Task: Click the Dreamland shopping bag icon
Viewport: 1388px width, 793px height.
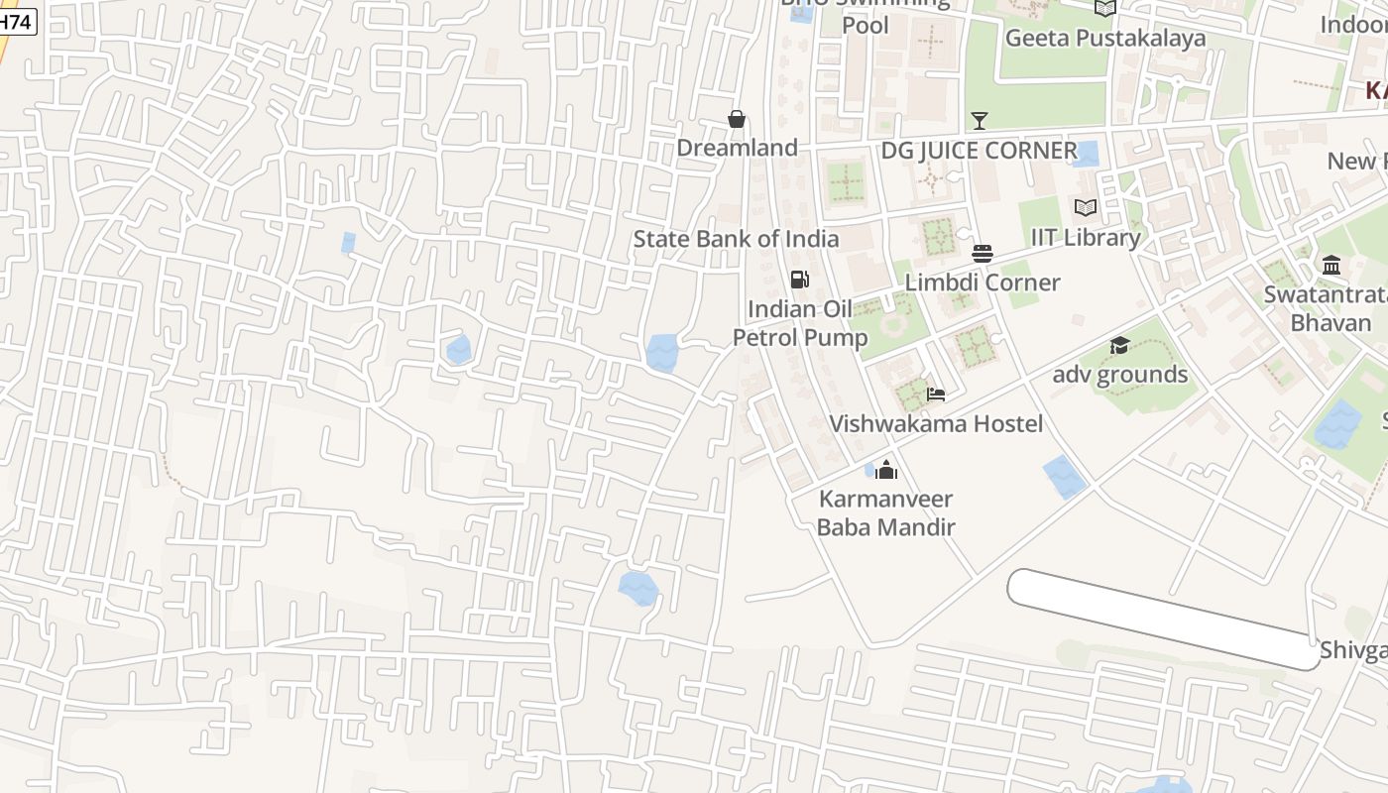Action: [737, 119]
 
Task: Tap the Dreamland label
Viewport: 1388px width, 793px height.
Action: [737, 148]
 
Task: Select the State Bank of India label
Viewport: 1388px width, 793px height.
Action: [736, 239]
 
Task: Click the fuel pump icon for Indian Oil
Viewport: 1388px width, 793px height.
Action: [799, 280]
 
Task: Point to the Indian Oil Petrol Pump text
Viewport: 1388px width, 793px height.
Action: [800, 323]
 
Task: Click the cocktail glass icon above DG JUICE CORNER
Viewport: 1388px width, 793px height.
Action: [980, 121]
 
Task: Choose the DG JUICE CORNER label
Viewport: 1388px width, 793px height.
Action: [979, 151]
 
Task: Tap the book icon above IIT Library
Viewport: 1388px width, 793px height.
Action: [1086, 207]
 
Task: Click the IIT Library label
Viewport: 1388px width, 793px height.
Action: [1086, 238]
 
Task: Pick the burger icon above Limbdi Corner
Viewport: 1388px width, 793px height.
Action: [983, 254]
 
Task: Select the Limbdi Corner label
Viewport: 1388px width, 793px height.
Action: [983, 283]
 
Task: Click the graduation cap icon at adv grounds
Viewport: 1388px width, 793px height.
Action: [1119, 345]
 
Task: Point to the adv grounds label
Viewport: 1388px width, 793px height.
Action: [1119, 375]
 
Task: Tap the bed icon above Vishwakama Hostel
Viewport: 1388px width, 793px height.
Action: [935, 395]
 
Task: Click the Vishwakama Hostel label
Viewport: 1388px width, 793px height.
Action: [935, 424]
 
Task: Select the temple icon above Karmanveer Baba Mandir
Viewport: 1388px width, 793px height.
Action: [885, 470]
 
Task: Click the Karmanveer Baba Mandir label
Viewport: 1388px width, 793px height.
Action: [885, 512]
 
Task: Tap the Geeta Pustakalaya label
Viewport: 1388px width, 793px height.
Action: [1105, 38]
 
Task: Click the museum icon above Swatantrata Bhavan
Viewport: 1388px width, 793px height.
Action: [1331, 266]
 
